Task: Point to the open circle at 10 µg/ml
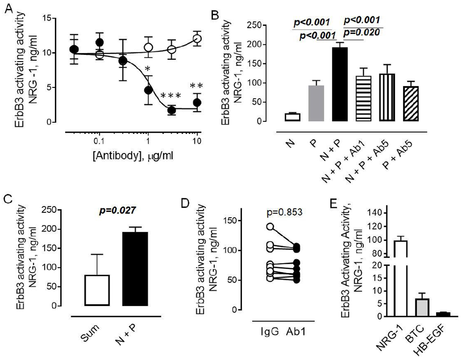[x=198, y=39]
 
